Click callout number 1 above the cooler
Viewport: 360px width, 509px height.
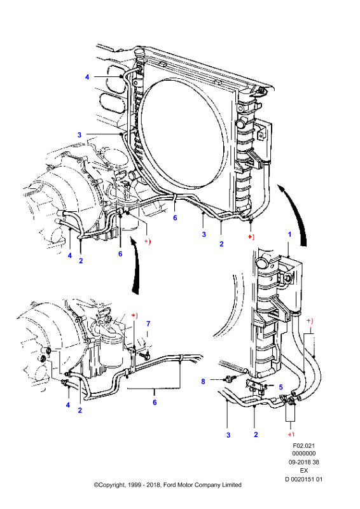pos(289,234)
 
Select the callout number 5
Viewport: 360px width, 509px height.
pos(280,387)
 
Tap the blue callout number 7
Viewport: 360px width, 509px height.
pos(148,324)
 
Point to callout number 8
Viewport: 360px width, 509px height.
pos(203,381)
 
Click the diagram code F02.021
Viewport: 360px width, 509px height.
pos(304,446)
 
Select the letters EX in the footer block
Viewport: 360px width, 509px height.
pos(304,470)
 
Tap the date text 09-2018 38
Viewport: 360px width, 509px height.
pos(304,462)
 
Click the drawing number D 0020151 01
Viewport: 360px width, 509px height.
pos(304,479)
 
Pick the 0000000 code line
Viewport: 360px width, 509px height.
pos(304,454)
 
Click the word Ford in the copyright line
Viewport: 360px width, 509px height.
pos(170,485)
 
